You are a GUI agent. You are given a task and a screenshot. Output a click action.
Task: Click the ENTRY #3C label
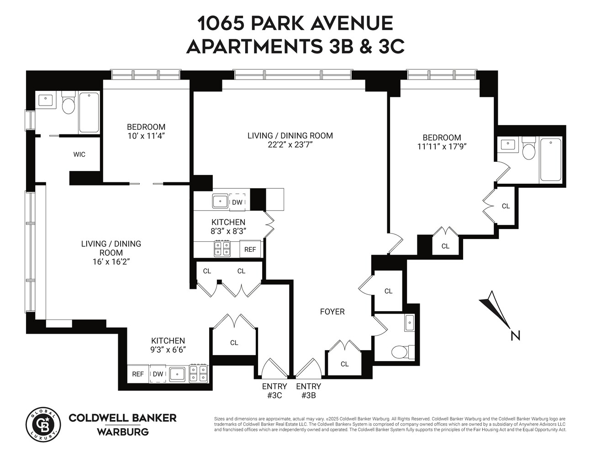(274, 391)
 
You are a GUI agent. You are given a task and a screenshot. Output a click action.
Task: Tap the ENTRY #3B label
(308, 391)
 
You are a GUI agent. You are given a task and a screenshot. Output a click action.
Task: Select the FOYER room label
(332, 312)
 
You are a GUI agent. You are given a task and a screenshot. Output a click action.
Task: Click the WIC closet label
(79, 154)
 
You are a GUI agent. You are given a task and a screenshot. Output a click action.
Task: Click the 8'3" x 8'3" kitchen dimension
(228, 231)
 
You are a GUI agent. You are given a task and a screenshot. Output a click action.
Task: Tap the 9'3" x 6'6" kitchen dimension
(168, 350)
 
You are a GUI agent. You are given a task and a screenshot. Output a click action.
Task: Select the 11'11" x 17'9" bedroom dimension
(441, 146)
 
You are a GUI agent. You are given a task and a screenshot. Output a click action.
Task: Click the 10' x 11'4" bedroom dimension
(146, 136)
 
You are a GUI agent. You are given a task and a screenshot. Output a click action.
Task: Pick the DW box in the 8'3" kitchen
(237, 202)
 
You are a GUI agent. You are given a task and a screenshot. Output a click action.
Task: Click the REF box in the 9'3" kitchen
(138, 374)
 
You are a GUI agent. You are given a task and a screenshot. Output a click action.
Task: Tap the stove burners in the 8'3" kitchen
(222, 249)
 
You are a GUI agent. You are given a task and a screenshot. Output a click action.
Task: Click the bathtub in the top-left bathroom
(89, 112)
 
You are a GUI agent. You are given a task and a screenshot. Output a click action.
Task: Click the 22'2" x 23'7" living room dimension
(290, 144)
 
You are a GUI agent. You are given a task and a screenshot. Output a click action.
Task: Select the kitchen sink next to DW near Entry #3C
(177, 374)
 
